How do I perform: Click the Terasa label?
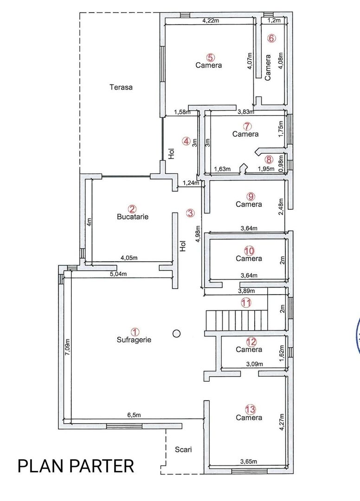tap(121, 87)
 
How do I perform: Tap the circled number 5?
tap(210, 58)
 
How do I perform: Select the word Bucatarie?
tap(133, 217)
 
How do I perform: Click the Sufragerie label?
tap(134, 340)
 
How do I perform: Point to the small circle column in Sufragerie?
tap(176, 333)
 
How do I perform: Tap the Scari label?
tap(183, 449)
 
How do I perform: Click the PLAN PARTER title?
tap(76, 465)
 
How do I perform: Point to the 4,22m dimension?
tap(212, 20)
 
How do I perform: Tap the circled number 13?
tap(250, 409)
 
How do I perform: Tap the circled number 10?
tap(249, 250)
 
